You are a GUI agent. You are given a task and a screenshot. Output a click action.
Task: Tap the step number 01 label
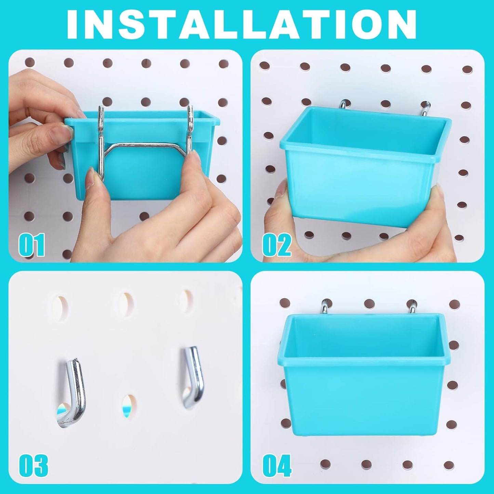(31, 245)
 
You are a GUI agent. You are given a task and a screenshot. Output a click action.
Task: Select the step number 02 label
(277, 245)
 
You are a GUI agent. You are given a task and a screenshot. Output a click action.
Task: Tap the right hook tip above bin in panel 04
(412, 306)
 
